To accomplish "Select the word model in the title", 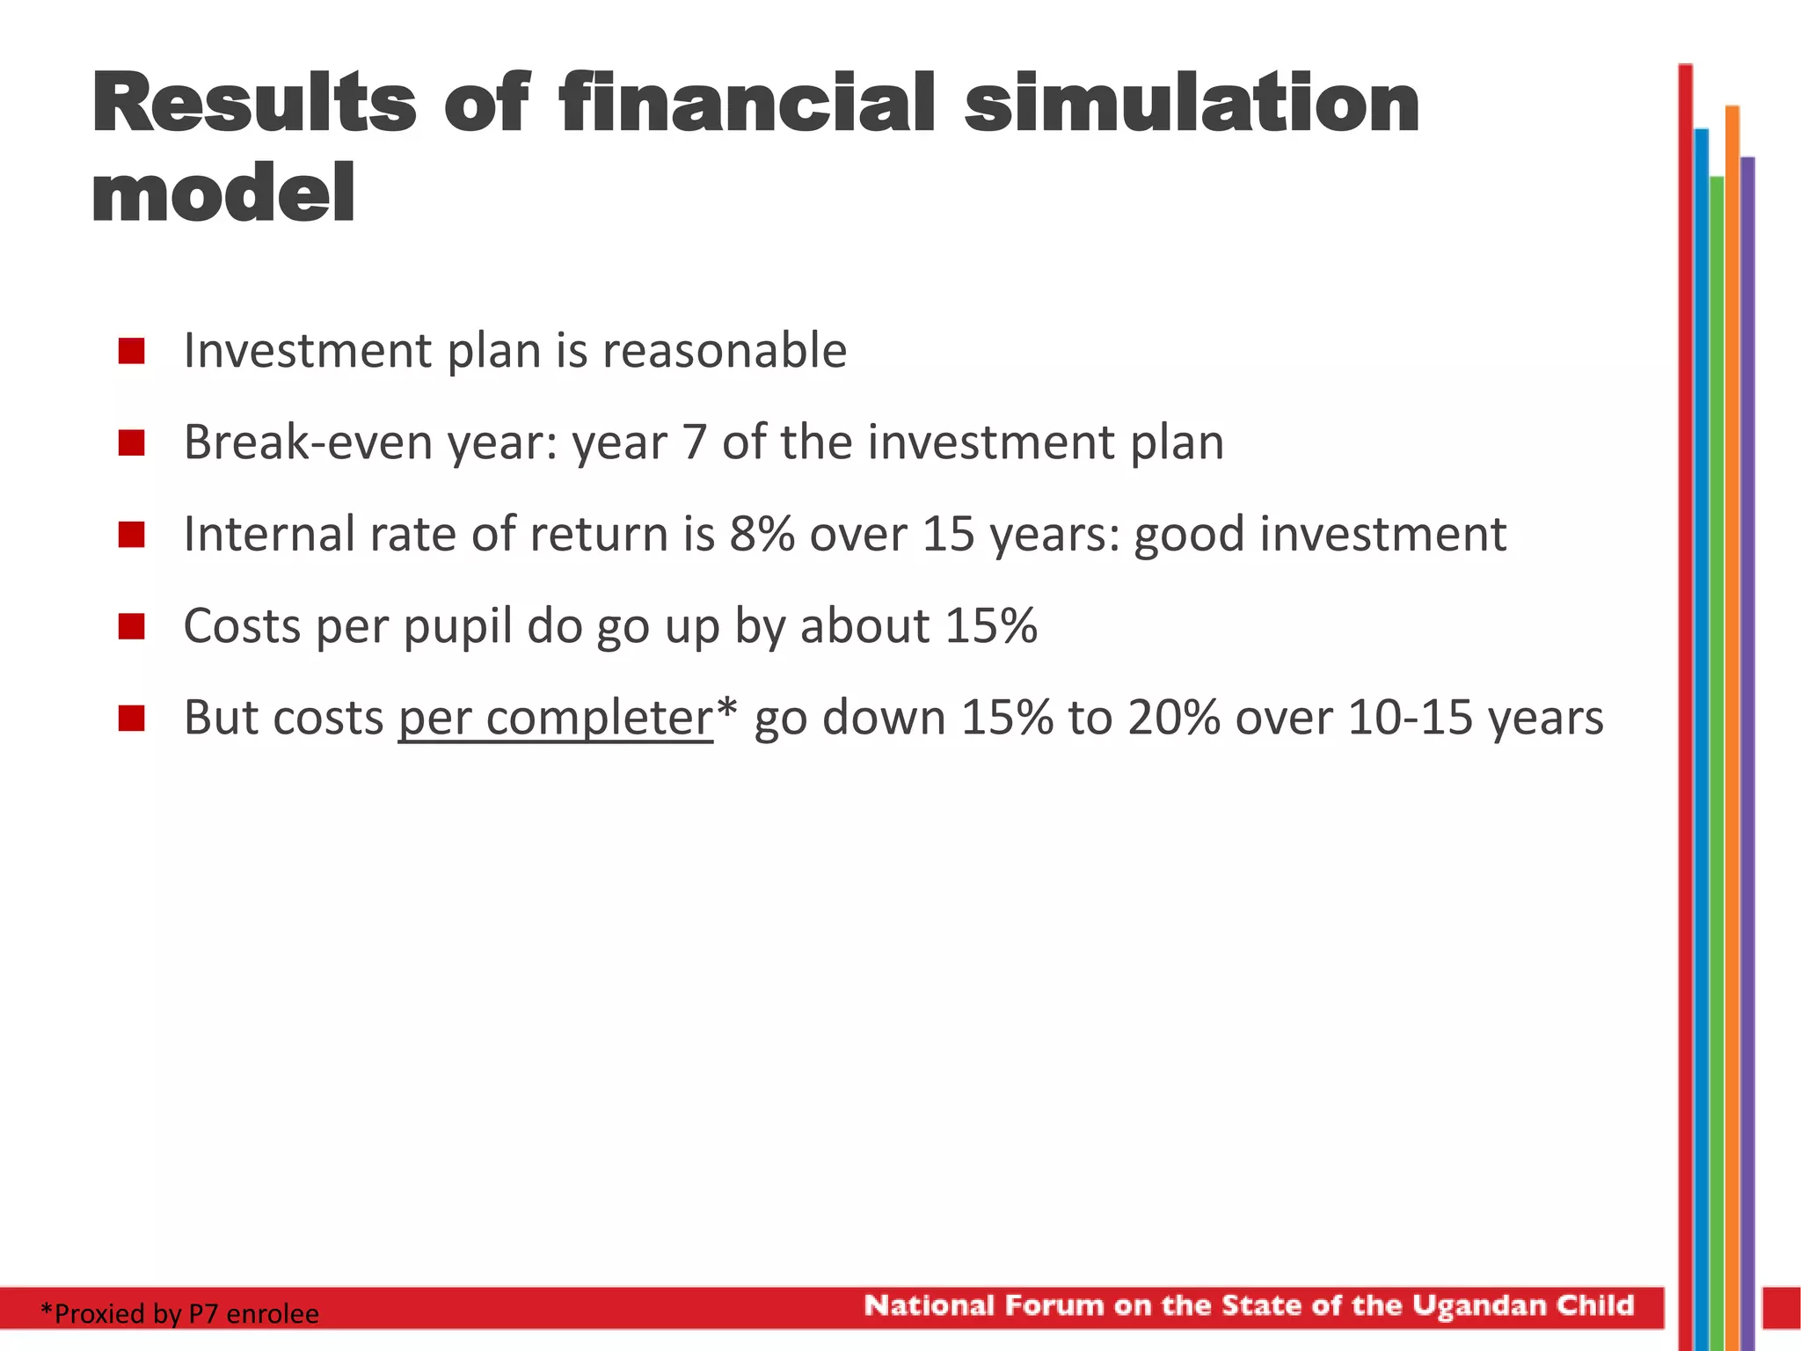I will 223,194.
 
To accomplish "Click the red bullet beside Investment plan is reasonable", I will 131,351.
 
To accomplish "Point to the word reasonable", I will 724,351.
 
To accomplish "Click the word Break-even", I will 309,442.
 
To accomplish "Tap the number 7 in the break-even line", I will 694,442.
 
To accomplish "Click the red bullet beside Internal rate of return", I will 131,534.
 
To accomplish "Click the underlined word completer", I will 598,719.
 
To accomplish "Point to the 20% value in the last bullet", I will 1173,717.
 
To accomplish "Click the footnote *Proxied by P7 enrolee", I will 179,1313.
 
